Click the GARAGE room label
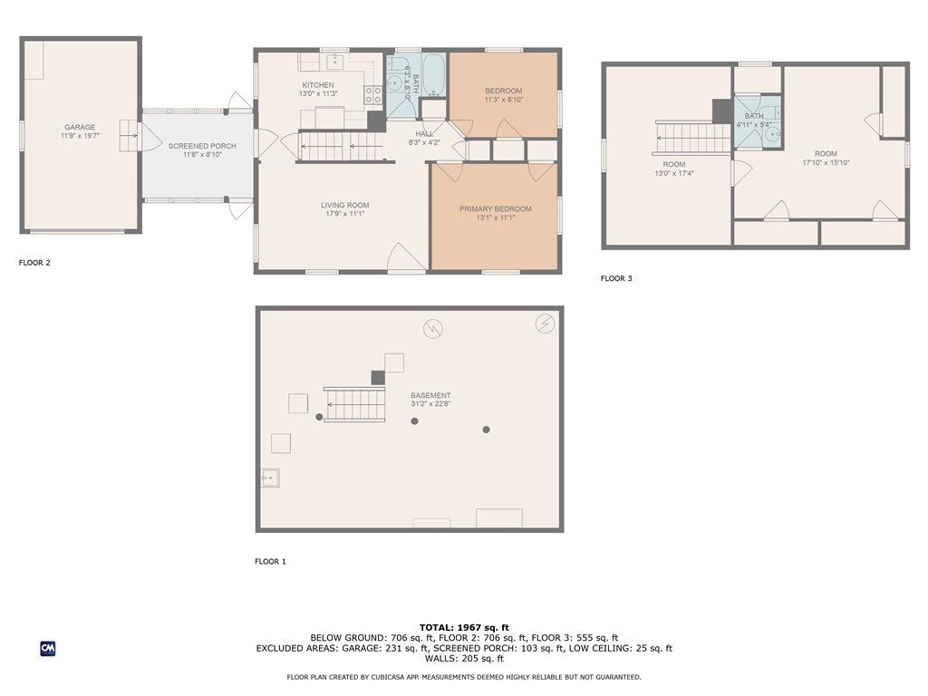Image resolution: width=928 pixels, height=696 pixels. tap(80, 127)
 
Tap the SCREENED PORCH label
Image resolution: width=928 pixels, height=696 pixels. tap(202, 146)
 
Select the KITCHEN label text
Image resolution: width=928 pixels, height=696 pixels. tap(318, 85)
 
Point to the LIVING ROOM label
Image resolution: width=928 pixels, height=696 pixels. tap(345, 206)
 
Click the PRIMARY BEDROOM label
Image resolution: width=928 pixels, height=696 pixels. tap(496, 209)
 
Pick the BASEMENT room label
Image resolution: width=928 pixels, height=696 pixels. tap(430, 395)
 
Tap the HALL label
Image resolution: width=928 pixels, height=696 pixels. tap(424, 134)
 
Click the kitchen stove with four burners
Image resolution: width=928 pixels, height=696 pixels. tap(372, 94)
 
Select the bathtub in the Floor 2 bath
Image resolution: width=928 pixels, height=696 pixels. tap(434, 75)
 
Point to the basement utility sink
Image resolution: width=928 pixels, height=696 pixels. tap(270, 478)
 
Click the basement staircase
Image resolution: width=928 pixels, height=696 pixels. tap(354, 404)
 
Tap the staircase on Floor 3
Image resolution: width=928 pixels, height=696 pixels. tap(693, 137)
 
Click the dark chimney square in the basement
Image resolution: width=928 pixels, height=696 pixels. tap(378, 378)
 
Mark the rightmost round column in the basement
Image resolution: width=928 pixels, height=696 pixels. tap(486, 430)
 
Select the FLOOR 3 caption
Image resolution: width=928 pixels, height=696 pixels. tap(616, 278)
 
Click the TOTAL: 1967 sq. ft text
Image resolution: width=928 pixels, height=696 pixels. tap(464, 627)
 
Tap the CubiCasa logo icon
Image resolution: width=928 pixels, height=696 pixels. tap(48, 649)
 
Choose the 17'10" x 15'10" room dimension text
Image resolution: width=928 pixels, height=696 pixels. tap(826, 163)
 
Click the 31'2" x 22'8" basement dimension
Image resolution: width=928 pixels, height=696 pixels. tap(430, 404)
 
